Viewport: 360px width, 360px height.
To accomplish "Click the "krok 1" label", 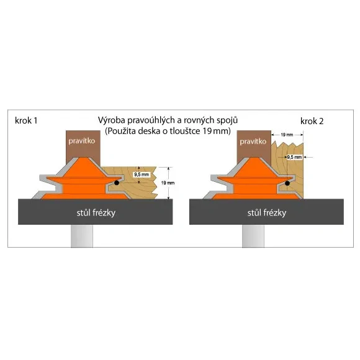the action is point(26,120).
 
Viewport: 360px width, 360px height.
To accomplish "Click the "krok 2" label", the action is point(312,121).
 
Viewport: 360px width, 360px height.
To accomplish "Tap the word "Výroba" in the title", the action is point(112,120).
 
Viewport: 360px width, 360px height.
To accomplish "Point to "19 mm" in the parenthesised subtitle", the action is point(215,131).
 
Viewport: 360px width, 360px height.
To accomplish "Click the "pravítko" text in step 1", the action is point(82,141).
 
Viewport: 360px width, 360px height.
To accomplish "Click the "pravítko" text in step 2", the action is point(253,142).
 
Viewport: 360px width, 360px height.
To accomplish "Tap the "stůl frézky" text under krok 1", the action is point(96,213).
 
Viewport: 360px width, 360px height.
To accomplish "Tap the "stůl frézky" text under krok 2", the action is point(267,213).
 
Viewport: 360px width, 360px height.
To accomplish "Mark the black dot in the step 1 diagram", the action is point(117,182).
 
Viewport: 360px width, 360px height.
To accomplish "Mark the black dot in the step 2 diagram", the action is point(287,183).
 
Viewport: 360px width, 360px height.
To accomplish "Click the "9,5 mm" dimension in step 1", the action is point(142,174).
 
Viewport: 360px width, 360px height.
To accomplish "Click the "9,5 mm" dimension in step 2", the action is point(294,157).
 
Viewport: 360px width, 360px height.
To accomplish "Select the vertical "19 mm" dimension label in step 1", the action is point(168,183).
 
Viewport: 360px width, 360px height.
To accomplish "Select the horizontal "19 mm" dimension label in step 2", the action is point(287,135).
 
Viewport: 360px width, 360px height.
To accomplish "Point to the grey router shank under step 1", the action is point(82,236).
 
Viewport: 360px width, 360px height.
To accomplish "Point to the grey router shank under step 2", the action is point(253,236).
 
